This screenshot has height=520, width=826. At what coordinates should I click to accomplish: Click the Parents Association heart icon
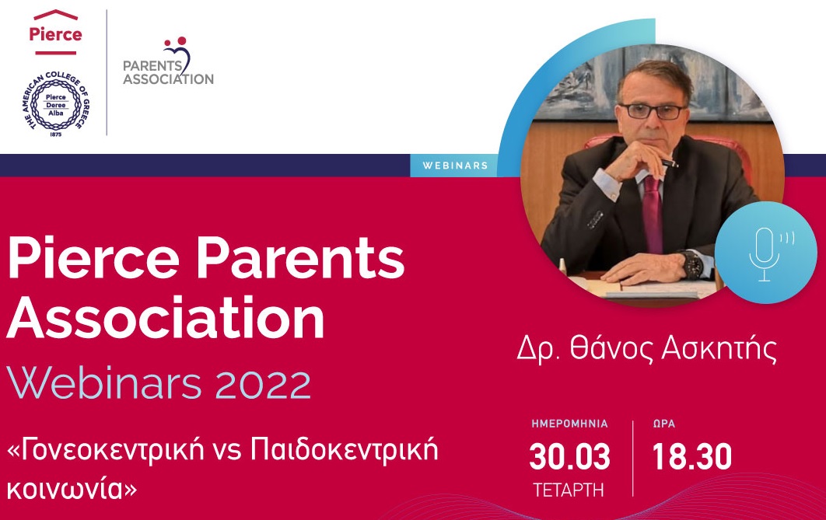(178, 53)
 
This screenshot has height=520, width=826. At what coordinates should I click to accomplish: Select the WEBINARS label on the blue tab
(455, 166)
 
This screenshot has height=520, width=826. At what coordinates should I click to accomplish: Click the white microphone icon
(766, 253)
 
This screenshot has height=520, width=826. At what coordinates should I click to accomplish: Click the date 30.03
(569, 457)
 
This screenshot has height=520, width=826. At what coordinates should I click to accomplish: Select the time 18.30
(691, 457)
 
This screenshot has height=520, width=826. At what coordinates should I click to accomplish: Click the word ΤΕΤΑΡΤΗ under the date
(569, 490)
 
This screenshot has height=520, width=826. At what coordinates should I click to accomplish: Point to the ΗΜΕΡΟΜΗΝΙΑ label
(569, 424)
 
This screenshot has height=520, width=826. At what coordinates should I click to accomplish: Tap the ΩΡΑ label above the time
(663, 424)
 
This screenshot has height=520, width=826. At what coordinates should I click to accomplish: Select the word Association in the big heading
(166, 318)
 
